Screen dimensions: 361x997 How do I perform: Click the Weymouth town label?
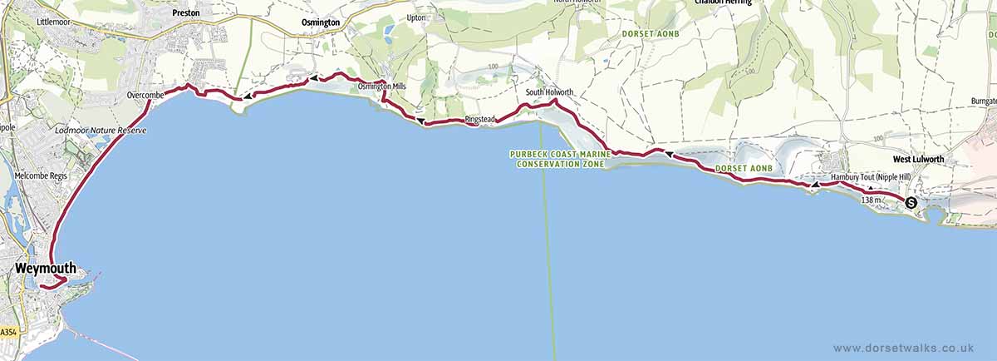pyautogui.click(x=46, y=269)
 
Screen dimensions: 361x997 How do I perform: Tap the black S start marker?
pyautogui.click(x=911, y=202)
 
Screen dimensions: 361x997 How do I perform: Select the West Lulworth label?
pyautogui.click(x=918, y=158)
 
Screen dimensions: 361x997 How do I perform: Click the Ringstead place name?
pyautogui.click(x=479, y=120)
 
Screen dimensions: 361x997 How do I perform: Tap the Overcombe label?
pyautogui.click(x=145, y=96)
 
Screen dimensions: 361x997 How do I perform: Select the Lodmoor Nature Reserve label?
pyautogui.click(x=100, y=131)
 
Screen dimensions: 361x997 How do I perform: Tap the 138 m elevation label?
pyautogui.click(x=872, y=200)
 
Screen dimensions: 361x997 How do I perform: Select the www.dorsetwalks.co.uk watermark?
pyautogui.click(x=902, y=348)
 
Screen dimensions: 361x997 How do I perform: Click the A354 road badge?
pyautogui.click(x=8, y=332)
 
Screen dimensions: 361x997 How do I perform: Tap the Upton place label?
pyautogui.click(x=416, y=17)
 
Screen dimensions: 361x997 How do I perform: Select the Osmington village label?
pyautogui.click(x=319, y=22)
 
